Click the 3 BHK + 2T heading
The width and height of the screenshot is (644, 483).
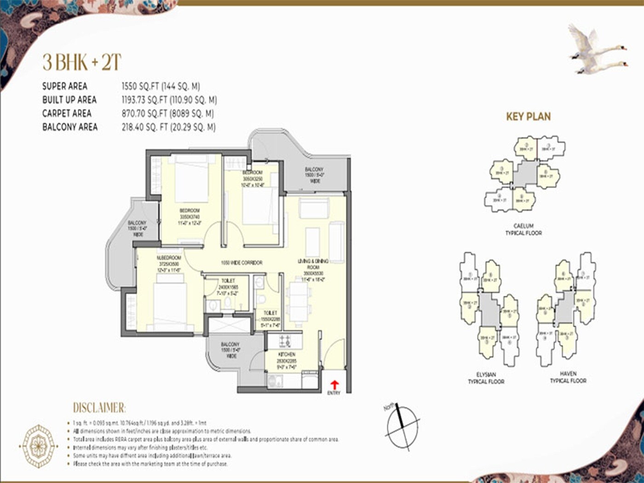82,62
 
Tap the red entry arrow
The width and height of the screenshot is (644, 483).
334,385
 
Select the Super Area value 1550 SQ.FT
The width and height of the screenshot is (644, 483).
161,86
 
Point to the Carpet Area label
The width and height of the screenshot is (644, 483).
67,113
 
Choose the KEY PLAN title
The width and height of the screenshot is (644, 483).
528,116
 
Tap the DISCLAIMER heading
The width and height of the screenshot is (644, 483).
99,408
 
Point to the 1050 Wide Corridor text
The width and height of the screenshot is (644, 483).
241,263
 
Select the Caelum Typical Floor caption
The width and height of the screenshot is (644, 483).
523,230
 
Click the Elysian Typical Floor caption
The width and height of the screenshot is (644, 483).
486,378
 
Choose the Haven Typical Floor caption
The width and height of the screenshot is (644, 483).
568,377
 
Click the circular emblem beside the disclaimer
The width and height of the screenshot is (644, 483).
39,446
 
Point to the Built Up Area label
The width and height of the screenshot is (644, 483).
69,100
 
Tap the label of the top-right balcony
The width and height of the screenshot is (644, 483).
314,175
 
